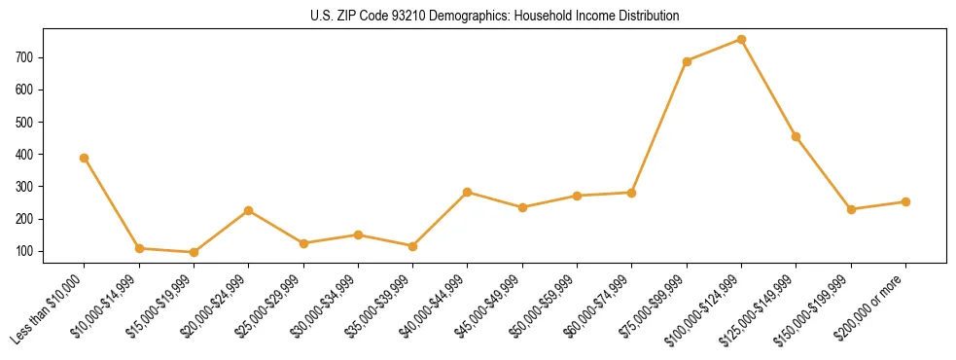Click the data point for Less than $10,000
(x=85, y=158)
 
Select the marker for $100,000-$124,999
(x=741, y=40)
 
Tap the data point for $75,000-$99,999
(x=687, y=61)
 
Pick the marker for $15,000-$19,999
(x=194, y=252)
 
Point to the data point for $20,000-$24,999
(x=249, y=210)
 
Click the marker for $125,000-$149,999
(x=797, y=136)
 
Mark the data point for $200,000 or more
(x=905, y=201)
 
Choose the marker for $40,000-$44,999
(x=468, y=192)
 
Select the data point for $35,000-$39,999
(x=413, y=246)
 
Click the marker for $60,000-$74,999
(x=632, y=193)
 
